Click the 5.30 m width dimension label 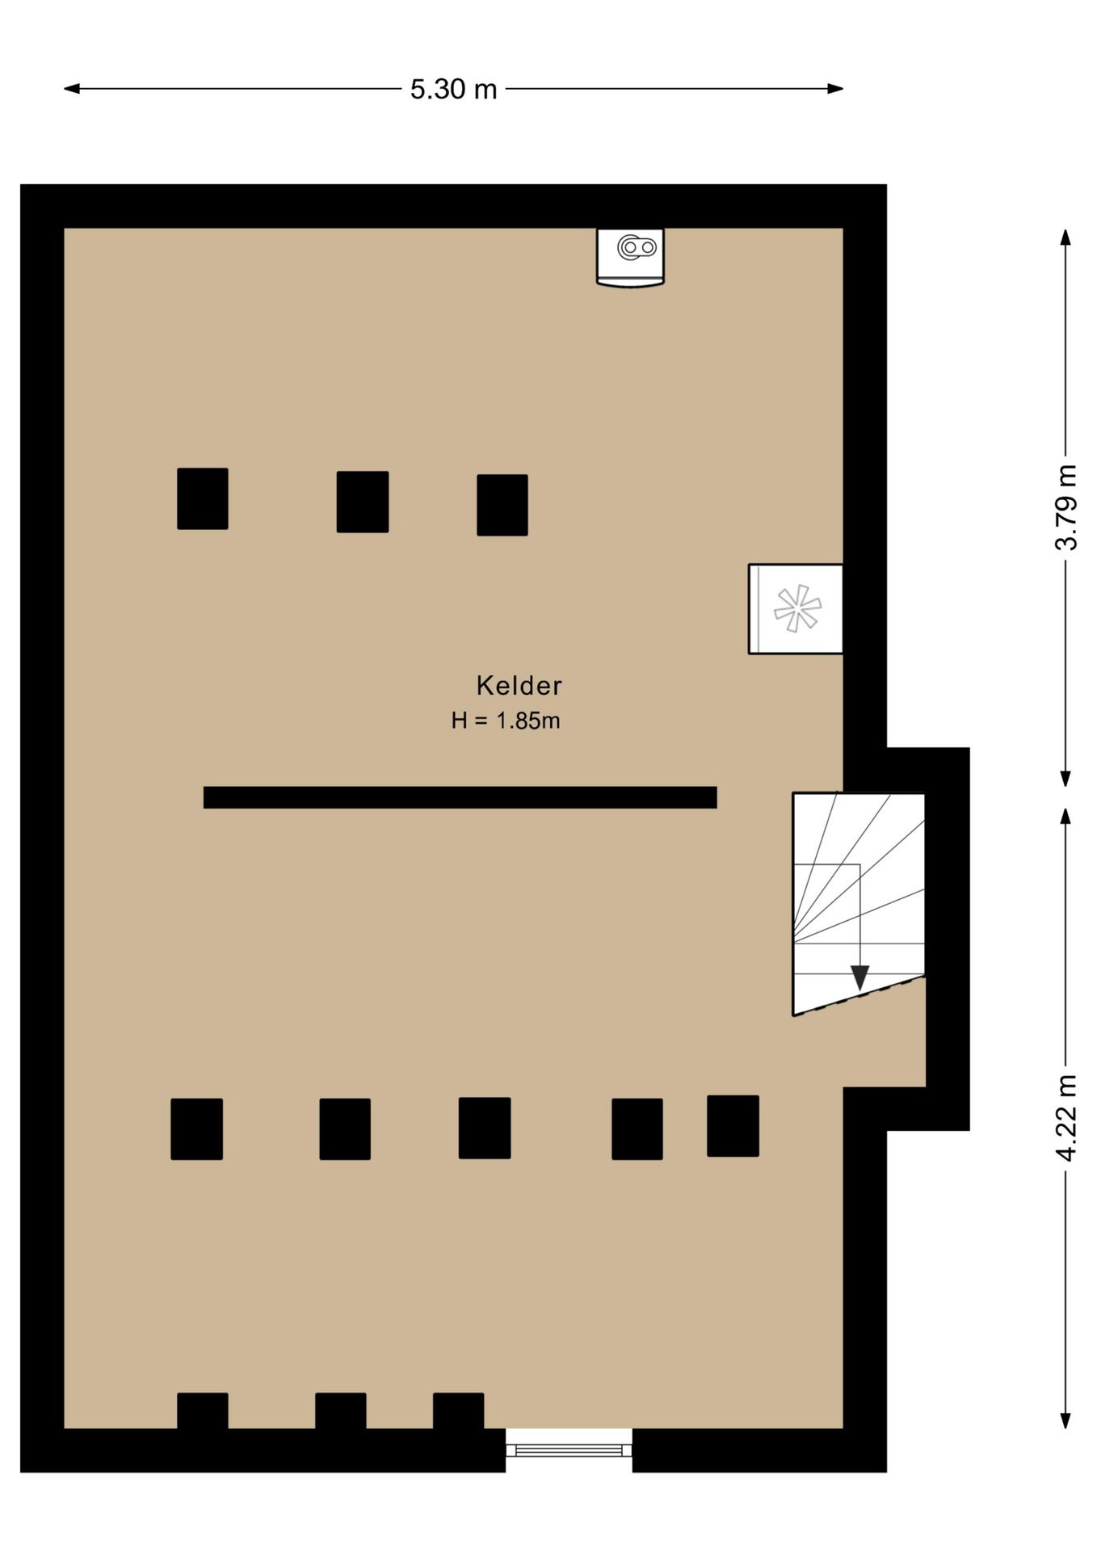453,89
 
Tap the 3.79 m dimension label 1066,507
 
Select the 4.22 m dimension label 1066,1118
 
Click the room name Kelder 519,686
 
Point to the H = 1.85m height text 506,721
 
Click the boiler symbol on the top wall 630,256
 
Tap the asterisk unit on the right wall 796,609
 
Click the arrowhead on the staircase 860,977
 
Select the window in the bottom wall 569,1450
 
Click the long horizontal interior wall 460,797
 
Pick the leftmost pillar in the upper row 203,498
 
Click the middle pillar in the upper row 363,502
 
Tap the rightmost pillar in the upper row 502,505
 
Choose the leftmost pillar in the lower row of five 196,1129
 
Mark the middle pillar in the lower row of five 485,1128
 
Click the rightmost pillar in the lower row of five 733,1125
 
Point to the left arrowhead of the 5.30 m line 72,89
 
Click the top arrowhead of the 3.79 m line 1065,237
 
